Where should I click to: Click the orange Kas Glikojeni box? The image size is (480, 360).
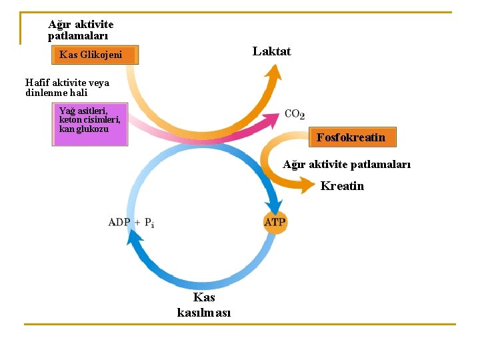point(95,55)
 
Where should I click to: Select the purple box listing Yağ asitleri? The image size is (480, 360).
point(90,124)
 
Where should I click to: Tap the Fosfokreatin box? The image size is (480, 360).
point(353,137)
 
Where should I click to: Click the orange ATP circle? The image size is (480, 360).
point(275,223)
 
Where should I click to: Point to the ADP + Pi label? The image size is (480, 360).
point(131,222)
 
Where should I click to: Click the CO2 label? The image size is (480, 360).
point(295,114)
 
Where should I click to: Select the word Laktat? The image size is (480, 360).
point(271,51)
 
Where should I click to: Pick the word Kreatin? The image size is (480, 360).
point(342,186)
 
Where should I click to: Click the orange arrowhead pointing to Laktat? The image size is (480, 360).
point(273,73)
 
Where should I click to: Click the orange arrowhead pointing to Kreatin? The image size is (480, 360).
point(307,185)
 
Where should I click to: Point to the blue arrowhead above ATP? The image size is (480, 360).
point(275,206)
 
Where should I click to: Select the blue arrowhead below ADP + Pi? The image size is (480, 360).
point(135,237)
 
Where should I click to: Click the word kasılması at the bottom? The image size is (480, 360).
point(204,313)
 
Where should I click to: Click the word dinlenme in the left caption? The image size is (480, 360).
point(47,93)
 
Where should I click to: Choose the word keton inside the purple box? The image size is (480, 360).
point(69,119)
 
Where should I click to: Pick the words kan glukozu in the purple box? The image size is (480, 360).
point(84,129)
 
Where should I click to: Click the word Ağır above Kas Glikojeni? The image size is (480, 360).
point(59,25)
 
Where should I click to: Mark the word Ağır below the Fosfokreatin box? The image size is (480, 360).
point(294,165)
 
